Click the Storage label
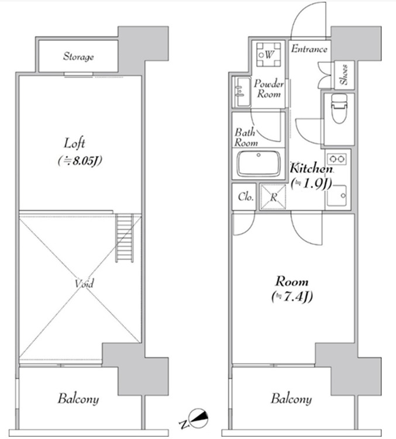click(x=78, y=57)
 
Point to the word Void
click(x=84, y=284)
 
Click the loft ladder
click(x=125, y=238)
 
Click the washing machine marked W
click(x=268, y=54)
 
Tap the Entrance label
click(x=309, y=49)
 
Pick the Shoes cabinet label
click(x=344, y=75)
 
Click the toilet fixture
click(x=339, y=108)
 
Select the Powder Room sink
click(x=242, y=92)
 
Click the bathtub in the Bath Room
click(x=259, y=164)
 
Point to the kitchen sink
click(x=336, y=195)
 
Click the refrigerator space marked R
click(x=273, y=197)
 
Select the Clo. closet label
click(x=246, y=197)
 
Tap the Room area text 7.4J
click(x=292, y=296)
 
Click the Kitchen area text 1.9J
click(x=311, y=184)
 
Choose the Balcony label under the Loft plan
click(x=78, y=399)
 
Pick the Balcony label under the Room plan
click(x=291, y=399)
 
